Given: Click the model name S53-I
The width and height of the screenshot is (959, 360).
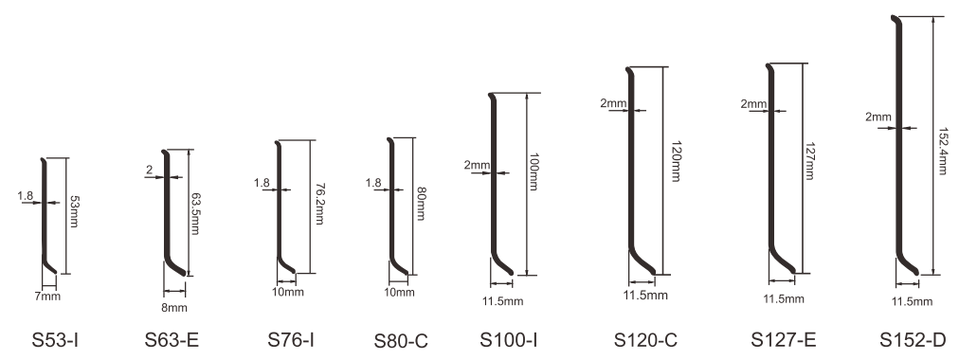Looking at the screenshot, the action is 54,340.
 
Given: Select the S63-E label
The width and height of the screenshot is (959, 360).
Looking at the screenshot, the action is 172,340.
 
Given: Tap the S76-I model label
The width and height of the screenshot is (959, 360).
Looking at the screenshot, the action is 291,339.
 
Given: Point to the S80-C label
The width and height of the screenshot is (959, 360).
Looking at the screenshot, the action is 401,341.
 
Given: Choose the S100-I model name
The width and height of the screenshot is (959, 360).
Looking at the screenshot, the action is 509,339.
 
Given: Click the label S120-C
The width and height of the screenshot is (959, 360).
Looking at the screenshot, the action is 646,340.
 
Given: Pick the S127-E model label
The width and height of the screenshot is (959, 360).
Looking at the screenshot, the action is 784,340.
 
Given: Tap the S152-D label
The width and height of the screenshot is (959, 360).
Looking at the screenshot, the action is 914,340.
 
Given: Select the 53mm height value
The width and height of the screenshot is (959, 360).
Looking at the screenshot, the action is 74,211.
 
